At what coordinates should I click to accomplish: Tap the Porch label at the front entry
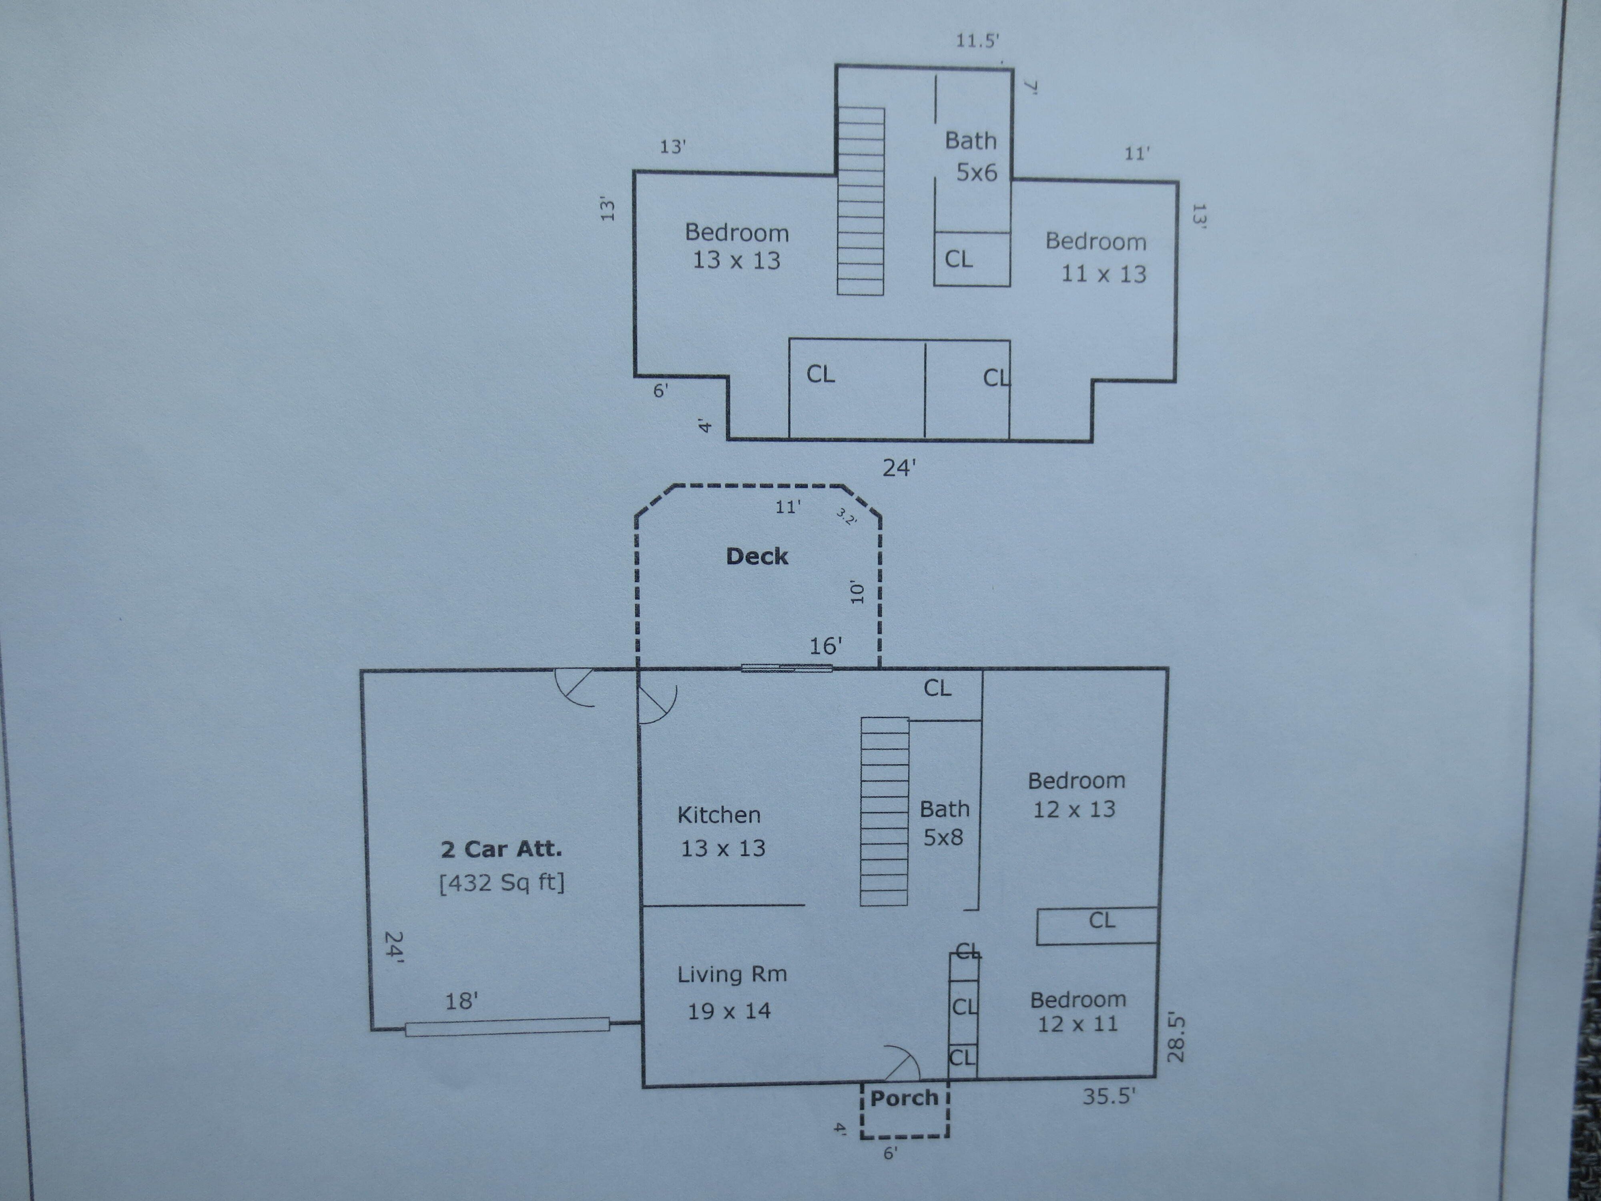904,1098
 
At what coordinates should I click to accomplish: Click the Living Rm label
732,974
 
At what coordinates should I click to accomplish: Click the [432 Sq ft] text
502,882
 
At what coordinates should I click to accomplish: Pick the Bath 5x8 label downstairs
944,823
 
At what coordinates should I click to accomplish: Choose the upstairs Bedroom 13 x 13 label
737,246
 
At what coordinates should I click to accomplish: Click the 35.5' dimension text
1109,1097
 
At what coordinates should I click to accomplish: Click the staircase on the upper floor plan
861,201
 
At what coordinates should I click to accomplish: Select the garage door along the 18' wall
508,1026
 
